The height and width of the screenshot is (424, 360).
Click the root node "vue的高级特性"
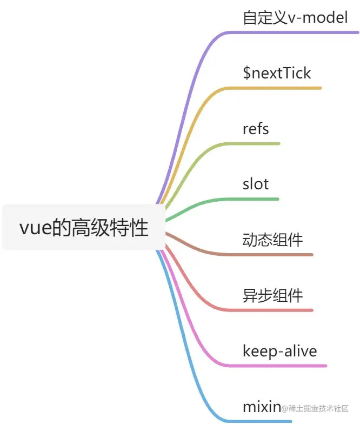[83, 228]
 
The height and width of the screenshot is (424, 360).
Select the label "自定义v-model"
[295, 18]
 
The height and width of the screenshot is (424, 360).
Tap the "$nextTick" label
[277, 73]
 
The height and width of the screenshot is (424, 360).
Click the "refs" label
[256, 129]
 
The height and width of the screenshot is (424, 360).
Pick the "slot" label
[256, 184]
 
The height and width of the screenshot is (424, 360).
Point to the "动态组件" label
[272, 240]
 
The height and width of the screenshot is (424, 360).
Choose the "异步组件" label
[272, 296]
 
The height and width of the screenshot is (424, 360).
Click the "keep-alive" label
[279, 352]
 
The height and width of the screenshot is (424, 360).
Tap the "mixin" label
[262, 407]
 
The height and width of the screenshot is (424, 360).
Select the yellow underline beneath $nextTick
[281, 88]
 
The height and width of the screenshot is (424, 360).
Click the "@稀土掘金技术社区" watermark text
[315, 408]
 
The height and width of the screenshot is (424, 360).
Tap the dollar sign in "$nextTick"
[246, 73]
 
